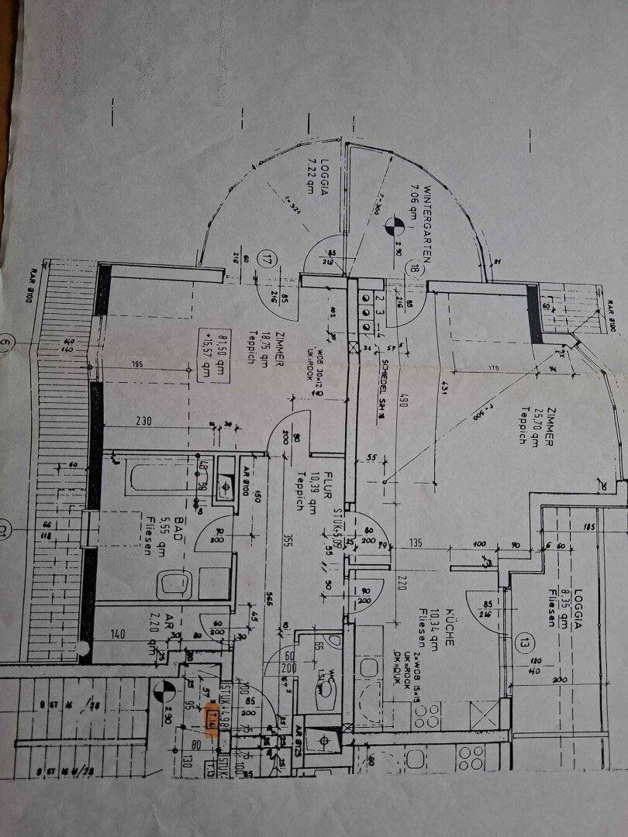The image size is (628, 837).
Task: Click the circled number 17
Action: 269,257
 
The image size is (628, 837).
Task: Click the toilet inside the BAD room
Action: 171,584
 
